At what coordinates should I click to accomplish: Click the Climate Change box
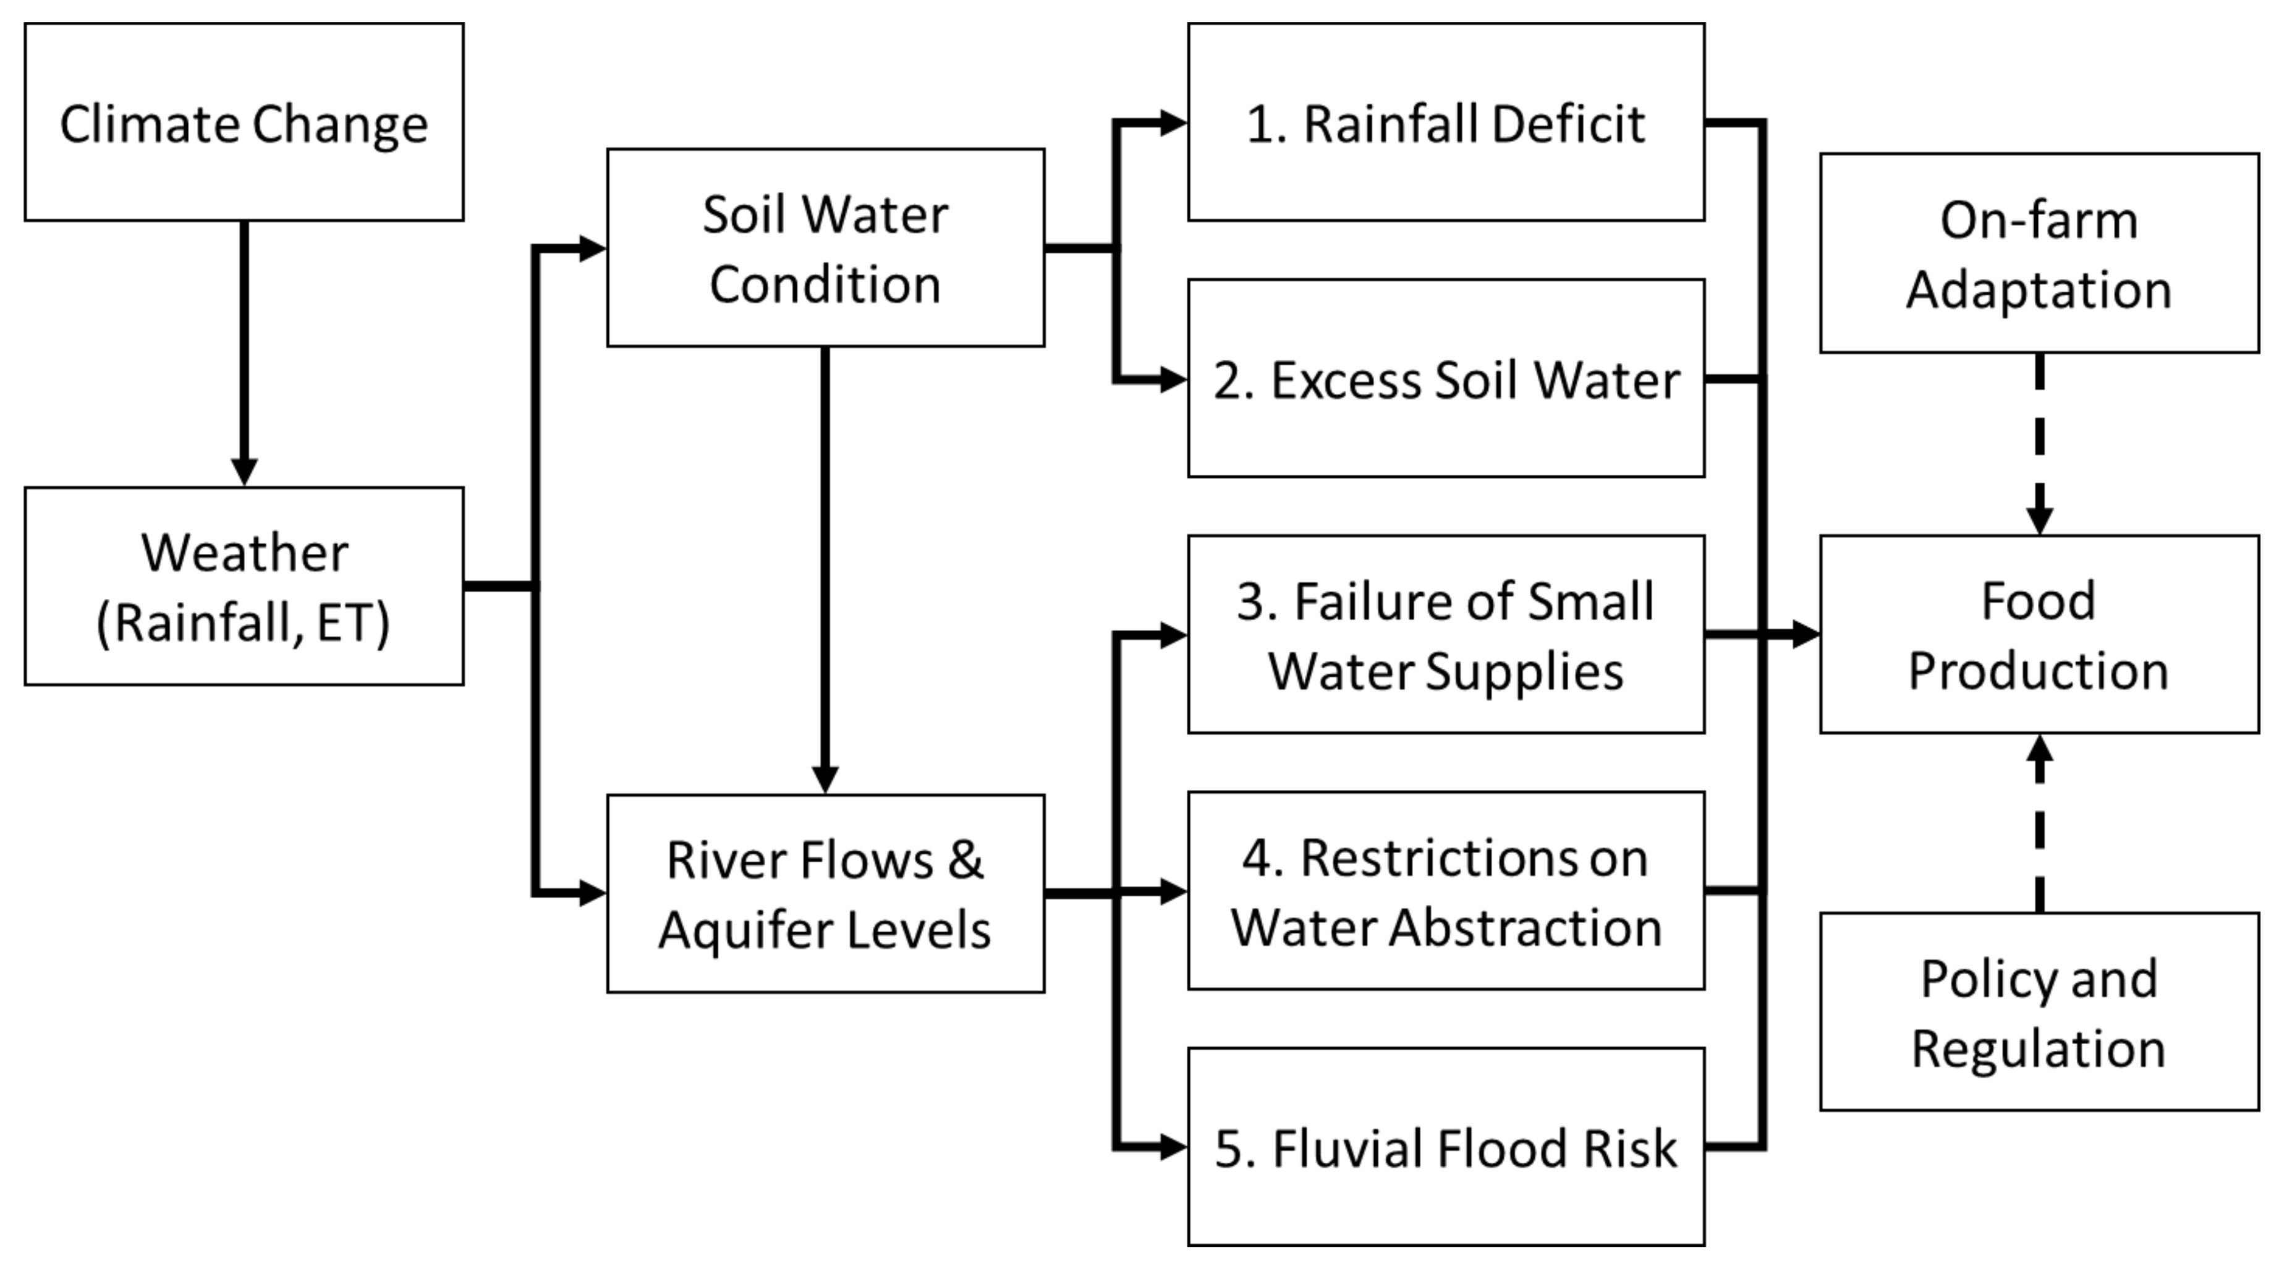point(244,122)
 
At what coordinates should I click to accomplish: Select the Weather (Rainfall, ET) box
point(244,586)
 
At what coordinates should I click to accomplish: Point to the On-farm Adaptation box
point(2039,253)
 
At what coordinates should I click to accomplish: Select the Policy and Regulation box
point(2039,1011)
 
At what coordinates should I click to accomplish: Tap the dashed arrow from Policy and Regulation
point(2039,826)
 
